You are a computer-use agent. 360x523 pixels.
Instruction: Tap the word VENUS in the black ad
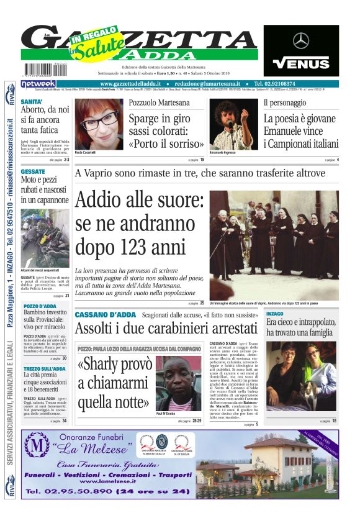301,63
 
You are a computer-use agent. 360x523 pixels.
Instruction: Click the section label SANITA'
32,101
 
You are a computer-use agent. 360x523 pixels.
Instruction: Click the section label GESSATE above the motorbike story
32,171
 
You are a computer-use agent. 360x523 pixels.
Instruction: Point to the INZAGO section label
275,314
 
